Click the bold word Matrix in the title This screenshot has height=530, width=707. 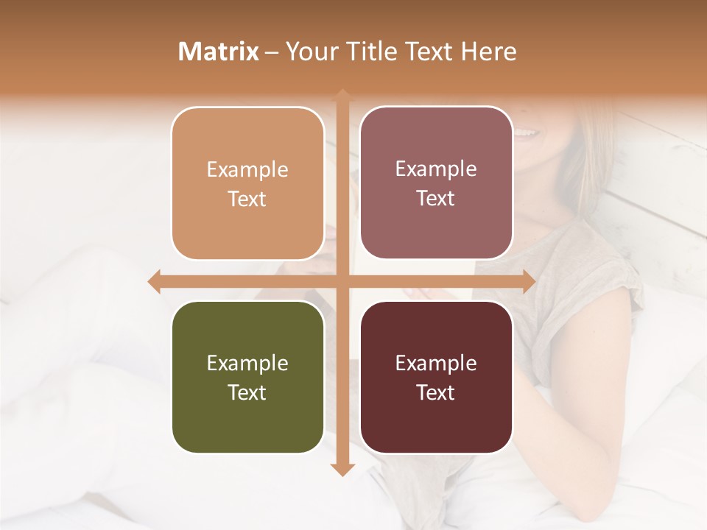(219, 52)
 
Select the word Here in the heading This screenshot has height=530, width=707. (489, 52)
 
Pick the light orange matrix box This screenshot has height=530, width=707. (247, 183)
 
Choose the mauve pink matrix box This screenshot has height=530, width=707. (436, 183)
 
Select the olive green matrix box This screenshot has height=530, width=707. (247, 377)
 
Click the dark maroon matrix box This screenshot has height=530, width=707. (436, 377)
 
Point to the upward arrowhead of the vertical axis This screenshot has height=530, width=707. (342, 96)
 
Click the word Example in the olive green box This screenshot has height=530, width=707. (247, 363)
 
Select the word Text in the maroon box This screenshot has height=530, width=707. (436, 392)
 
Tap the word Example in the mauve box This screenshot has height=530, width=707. (436, 169)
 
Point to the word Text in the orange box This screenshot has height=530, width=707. (247, 199)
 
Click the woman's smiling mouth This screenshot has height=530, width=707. (526, 133)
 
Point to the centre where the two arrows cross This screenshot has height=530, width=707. (342, 281)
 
